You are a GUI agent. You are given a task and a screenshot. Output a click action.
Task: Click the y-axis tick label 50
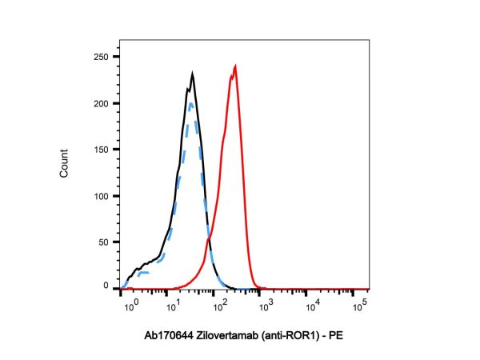pyautogui.click(x=103, y=242)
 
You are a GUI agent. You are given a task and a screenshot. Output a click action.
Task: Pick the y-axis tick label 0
pyautogui.click(x=106, y=286)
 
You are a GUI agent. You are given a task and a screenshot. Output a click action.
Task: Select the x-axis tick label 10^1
pyautogui.click(x=172, y=303)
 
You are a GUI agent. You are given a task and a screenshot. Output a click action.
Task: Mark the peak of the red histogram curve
pyautogui.click(x=235, y=66)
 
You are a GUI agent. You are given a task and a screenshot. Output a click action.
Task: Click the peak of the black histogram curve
pyautogui.click(x=193, y=73)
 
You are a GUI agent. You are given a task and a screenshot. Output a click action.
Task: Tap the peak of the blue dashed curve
pyautogui.click(x=190, y=102)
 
